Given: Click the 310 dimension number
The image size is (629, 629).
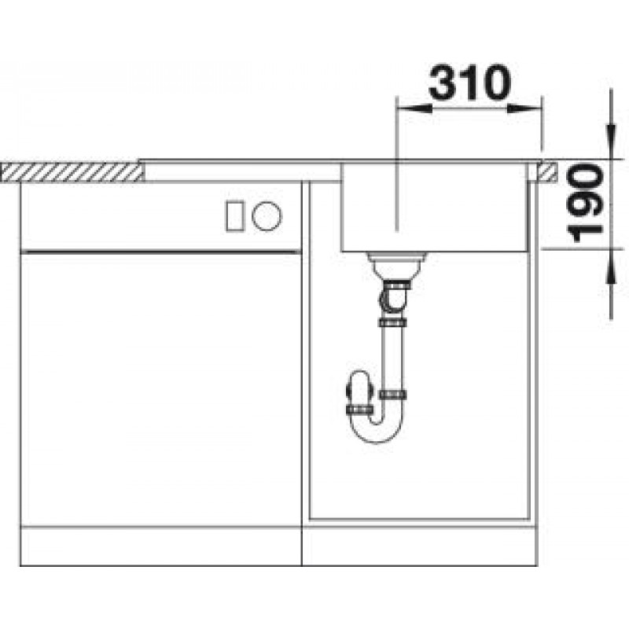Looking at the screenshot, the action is (x=469, y=83).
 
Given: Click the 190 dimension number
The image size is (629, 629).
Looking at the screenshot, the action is (x=584, y=204).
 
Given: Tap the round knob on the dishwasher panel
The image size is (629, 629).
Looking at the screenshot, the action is (x=267, y=215).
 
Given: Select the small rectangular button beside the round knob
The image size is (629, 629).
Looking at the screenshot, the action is (x=234, y=215).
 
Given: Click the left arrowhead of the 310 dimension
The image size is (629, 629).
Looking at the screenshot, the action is (x=414, y=109).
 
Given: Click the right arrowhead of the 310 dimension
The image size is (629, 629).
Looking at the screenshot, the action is (x=524, y=109).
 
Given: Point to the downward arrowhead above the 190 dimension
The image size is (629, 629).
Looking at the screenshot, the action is (x=611, y=142).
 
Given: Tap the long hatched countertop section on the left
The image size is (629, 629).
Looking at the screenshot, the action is (x=72, y=172).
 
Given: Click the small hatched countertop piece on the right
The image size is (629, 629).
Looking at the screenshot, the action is (x=547, y=171).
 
